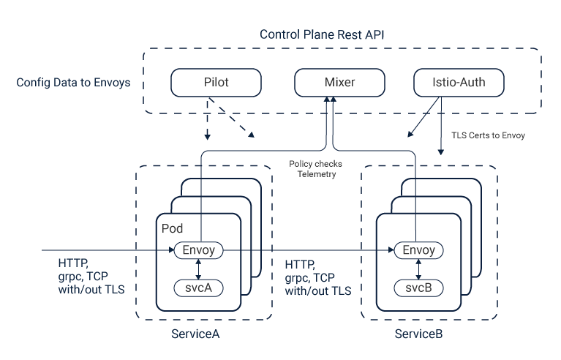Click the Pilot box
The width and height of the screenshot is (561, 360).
tap(216, 83)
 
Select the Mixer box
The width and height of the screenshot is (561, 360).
tap(339, 83)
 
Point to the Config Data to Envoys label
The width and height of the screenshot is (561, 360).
tap(73, 83)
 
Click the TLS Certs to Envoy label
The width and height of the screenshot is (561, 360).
tap(488, 135)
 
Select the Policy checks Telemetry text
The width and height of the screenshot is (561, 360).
tap(315, 170)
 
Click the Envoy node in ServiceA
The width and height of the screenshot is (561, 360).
tap(198, 250)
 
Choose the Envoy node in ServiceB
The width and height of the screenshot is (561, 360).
tap(418, 250)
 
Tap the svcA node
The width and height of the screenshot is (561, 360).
tap(198, 287)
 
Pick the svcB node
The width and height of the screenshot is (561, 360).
tap(418, 287)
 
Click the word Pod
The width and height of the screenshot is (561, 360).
tap(172, 229)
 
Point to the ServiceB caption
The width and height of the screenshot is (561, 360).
tap(418, 334)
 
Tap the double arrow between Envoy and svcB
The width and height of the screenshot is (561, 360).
tap(418, 269)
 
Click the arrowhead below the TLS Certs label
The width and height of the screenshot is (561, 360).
tap(440, 152)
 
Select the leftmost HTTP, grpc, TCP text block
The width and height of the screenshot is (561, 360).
tap(91, 276)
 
